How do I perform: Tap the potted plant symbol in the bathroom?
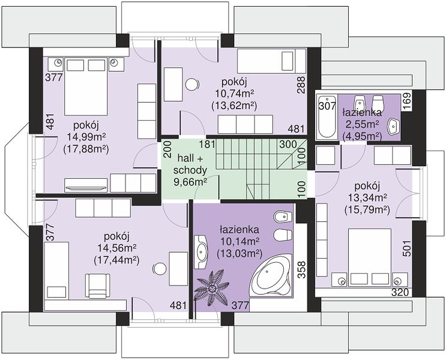[x=212, y=289]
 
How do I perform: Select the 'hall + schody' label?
[x=190, y=164]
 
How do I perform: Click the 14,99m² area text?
[x=86, y=137]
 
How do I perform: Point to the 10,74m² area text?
[x=234, y=94]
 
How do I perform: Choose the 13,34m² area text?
[x=367, y=198]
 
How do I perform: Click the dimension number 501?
[x=408, y=248]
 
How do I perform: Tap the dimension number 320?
[x=400, y=292]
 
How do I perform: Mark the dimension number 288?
[x=301, y=85]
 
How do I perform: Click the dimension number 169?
[x=408, y=101]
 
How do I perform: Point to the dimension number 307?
[x=327, y=107]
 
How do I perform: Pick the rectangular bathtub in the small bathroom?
[x=327, y=117]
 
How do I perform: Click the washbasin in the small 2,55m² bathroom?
[x=393, y=125]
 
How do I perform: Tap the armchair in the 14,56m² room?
[x=98, y=286]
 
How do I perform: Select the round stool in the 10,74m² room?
[x=192, y=84]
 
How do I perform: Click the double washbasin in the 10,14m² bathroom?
[x=201, y=252]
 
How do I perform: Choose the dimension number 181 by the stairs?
[x=206, y=144]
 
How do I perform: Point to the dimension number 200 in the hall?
[x=168, y=149]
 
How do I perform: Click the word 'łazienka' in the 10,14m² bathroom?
[x=240, y=229]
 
